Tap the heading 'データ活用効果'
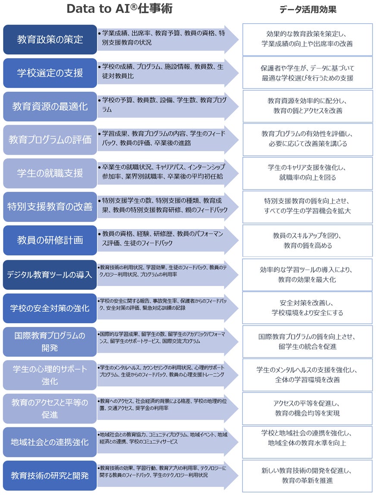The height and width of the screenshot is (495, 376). pos(307,9)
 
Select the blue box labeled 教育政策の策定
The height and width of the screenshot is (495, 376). pos(50,39)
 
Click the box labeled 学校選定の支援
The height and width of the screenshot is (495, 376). pos(50,73)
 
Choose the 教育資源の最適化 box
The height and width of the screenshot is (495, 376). pos(50,106)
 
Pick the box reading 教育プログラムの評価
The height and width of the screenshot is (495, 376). pos(50,140)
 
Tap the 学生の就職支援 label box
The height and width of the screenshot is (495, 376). pos(50,173)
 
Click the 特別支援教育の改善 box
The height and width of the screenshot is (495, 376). pos(50,207)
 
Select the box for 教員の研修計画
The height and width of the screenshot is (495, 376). pos(50,240)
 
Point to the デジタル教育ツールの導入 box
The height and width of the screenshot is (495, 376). pos(50,274)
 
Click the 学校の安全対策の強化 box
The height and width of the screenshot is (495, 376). pos(50,308)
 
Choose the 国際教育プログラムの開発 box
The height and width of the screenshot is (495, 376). pos(50,341)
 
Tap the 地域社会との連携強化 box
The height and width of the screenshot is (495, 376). pos(50,442)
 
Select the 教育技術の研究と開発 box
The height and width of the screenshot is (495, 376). pos(50,476)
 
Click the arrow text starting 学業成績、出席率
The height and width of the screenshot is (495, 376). pos(162,38)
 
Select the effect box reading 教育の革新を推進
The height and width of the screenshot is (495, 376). pos(307,476)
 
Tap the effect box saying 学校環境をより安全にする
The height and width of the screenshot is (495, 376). pos(307,308)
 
